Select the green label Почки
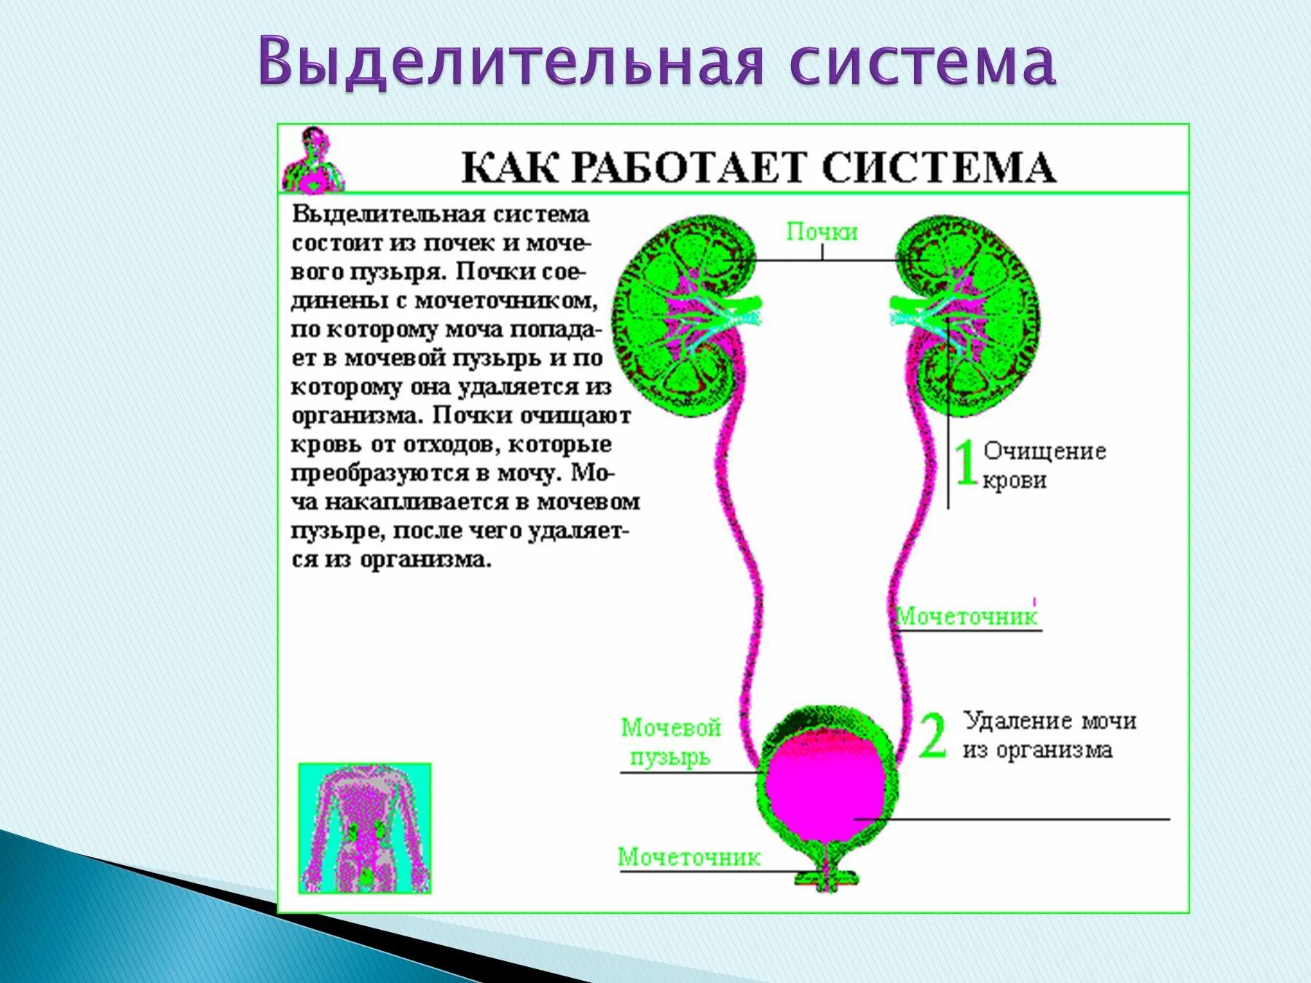(822, 232)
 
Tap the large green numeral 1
(965, 462)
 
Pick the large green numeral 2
(932, 735)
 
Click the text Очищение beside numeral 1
(1044, 451)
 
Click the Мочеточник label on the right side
(966, 617)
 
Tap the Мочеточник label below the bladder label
(688, 857)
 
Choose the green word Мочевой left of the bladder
(671, 727)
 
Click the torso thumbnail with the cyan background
(365, 828)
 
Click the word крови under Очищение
(1014, 481)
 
